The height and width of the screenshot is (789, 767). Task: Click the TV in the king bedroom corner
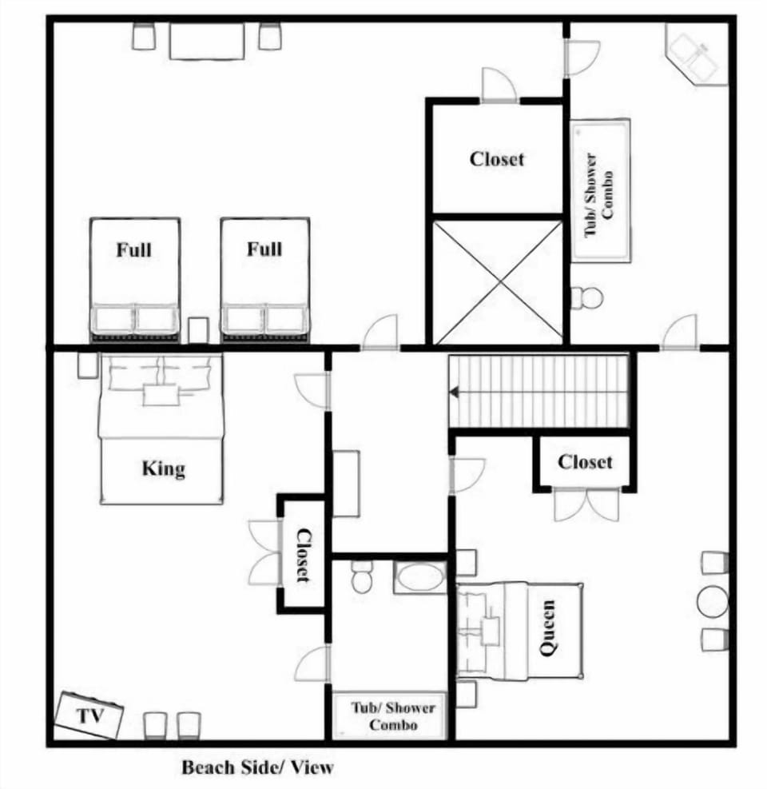(x=89, y=715)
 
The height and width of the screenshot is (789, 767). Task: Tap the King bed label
(x=164, y=468)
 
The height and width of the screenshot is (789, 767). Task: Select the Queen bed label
(x=548, y=628)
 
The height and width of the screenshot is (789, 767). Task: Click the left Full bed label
(x=133, y=249)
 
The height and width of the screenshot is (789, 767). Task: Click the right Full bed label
(x=264, y=249)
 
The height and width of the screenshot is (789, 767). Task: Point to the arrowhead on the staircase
(x=455, y=392)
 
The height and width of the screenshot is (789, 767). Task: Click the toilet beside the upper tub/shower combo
(x=586, y=297)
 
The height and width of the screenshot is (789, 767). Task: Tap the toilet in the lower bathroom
(x=360, y=576)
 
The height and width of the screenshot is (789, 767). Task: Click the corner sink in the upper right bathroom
(x=697, y=54)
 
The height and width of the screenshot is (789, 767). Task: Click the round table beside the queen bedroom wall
(x=712, y=602)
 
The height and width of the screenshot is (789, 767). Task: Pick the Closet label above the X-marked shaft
(x=497, y=159)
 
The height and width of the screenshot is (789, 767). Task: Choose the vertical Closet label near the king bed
(x=303, y=555)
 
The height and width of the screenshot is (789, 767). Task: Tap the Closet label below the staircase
(x=585, y=461)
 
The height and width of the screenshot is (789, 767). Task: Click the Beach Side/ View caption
(x=257, y=767)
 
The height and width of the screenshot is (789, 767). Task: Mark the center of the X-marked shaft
(x=498, y=283)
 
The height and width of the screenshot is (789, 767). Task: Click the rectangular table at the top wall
(x=207, y=41)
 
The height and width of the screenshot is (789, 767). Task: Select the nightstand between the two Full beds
(x=198, y=330)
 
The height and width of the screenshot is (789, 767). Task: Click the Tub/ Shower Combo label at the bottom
(x=393, y=716)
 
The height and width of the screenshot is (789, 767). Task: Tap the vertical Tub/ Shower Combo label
(x=598, y=195)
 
